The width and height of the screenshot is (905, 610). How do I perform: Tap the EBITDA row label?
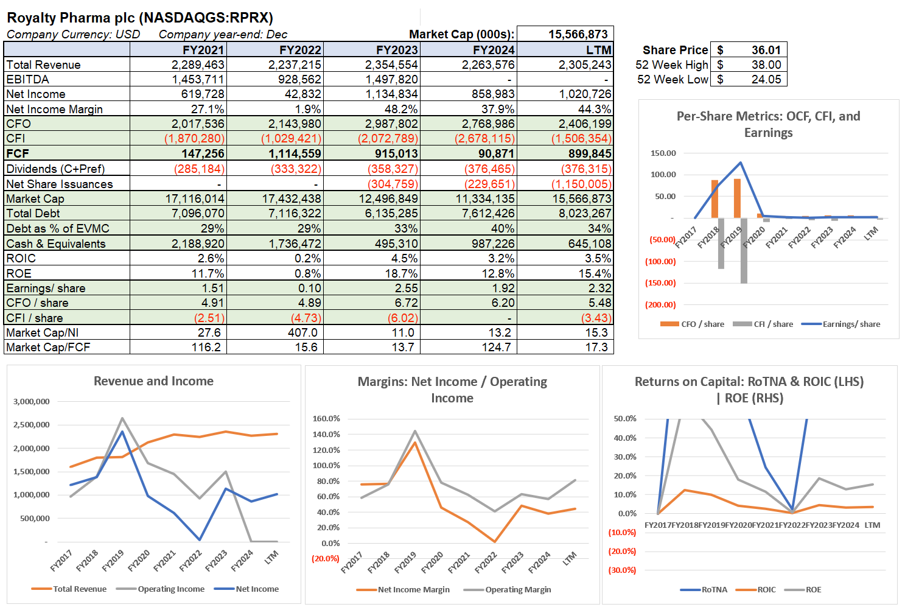tap(28, 79)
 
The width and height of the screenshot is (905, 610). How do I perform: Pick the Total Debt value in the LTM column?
tap(585, 213)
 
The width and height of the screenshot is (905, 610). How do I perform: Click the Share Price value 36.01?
tap(766, 50)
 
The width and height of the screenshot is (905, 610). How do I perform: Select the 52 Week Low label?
tap(673, 79)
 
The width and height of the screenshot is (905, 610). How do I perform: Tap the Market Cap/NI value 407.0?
tap(302, 332)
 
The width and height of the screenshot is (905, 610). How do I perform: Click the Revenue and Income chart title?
tap(153, 381)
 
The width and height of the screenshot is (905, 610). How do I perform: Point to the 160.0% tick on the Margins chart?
tap(326, 418)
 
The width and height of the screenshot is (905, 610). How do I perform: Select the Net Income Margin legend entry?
tap(413, 589)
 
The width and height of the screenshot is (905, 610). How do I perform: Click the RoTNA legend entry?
tap(714, 589)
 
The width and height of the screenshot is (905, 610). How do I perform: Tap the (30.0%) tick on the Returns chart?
tap(622, 570)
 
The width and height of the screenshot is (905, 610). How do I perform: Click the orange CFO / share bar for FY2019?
tap(737, 198)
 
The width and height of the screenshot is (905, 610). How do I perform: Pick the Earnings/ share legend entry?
tap(851, 324)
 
